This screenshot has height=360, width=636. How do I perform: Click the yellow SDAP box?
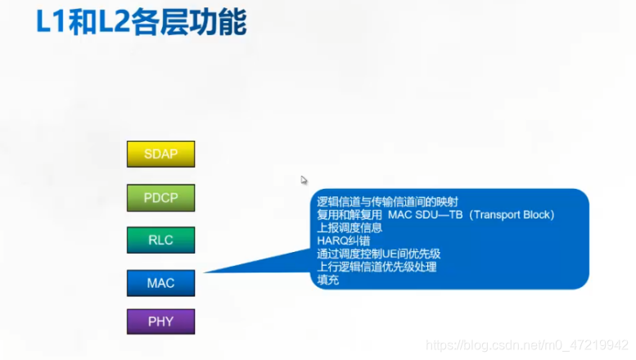160,154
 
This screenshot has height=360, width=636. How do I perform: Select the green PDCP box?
160,197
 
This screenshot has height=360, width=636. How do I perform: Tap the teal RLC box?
160,240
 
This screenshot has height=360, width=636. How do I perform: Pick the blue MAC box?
160,283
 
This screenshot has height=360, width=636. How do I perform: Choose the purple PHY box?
160,322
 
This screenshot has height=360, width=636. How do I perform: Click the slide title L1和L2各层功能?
140,22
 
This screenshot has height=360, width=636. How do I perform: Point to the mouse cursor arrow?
304,180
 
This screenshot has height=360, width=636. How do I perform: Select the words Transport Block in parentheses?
512,215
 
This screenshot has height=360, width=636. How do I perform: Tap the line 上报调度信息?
350,228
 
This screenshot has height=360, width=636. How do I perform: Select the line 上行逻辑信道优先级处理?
377,267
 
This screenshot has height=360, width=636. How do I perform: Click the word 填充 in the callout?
327,280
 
